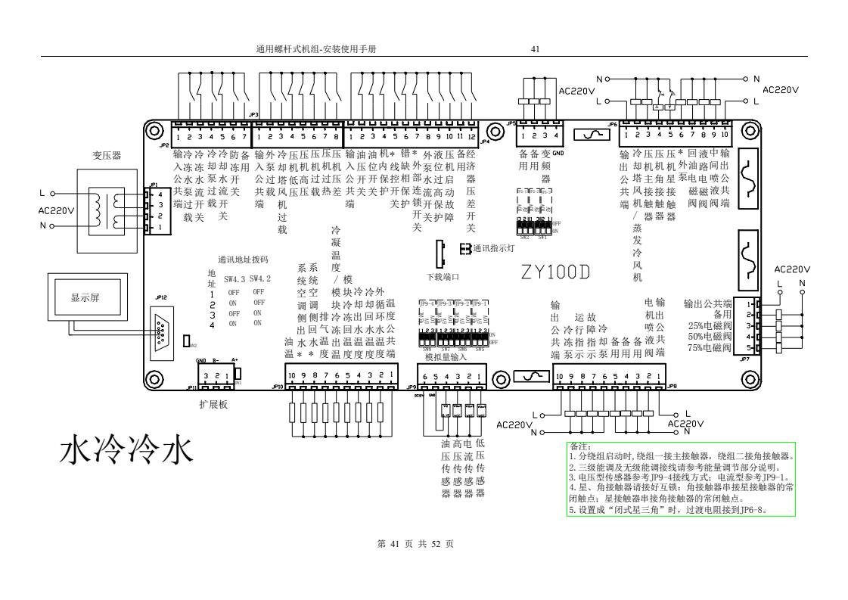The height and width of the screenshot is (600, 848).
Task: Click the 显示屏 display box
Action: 86,297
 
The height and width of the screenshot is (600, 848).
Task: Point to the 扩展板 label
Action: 213,404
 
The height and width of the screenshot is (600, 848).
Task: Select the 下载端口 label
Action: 443,278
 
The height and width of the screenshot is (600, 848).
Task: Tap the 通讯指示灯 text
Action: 493,247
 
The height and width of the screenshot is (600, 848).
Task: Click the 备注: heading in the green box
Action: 579,447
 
